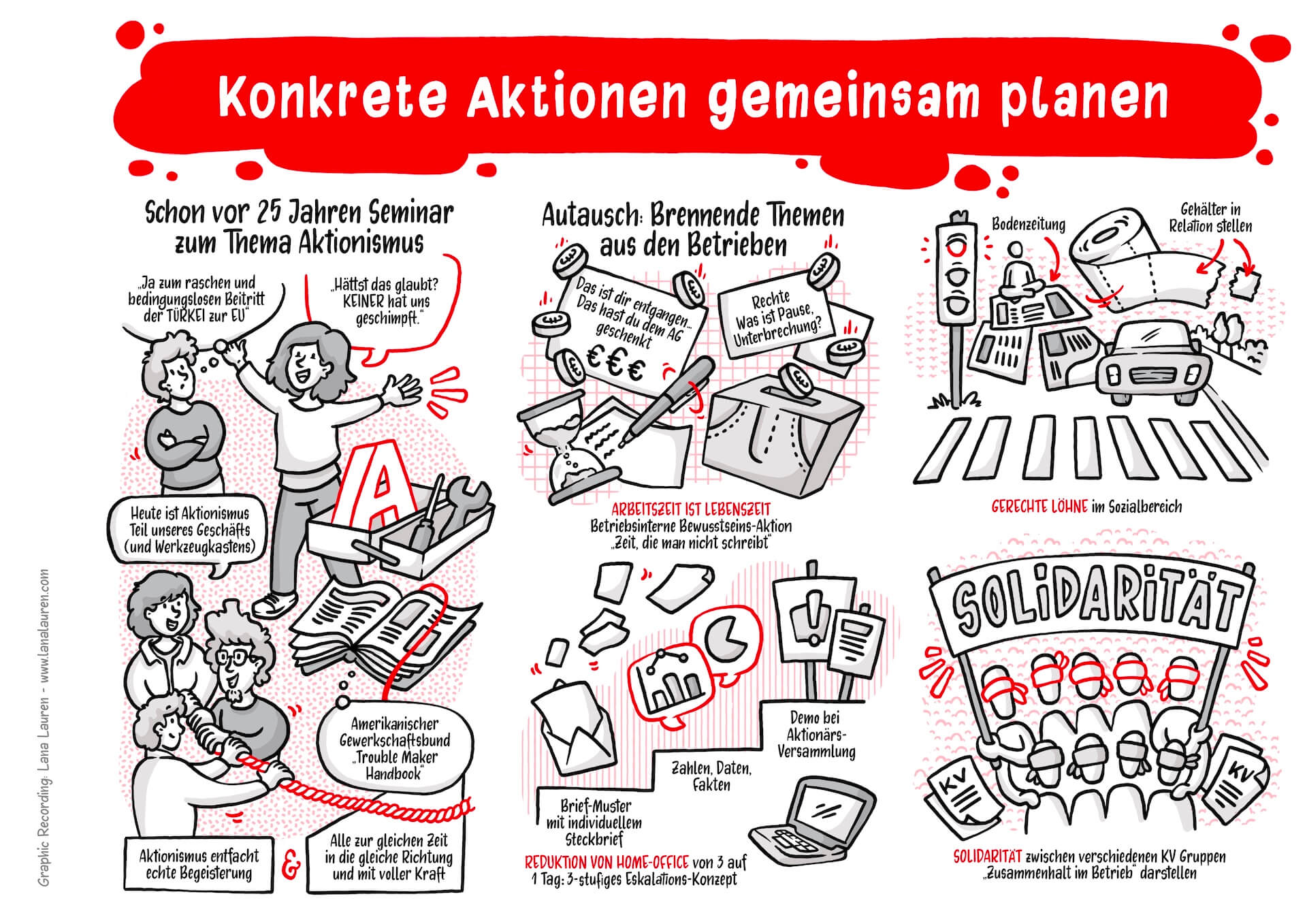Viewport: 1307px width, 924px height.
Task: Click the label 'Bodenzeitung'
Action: coord(1028,224)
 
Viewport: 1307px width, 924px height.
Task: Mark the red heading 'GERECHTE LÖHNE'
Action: coord(1039,507)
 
